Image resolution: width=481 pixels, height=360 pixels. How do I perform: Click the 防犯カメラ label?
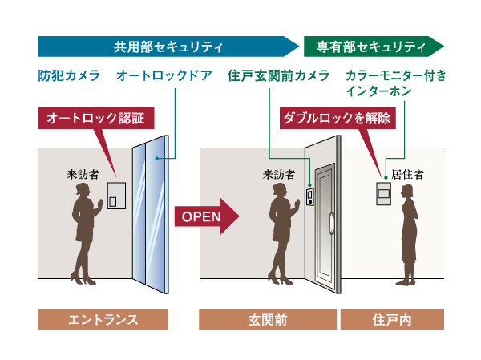pyautogui.click(x=69, y=75)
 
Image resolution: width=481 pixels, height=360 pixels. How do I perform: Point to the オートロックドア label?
pyautogui.click(x=164, y=75)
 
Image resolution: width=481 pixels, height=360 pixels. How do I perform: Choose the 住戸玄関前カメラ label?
pyautogui.click(x=278, y=75)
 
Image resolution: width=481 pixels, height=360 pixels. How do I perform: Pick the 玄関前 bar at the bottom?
pyautogui.click(x=269, y=319)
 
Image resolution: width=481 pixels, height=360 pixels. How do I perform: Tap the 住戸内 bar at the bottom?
pyautogui.click(x=392, y=319)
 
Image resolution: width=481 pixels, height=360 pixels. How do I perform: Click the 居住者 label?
pyautogui.click(x=406, y=172)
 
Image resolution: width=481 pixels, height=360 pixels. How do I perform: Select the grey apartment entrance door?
pyautogui.click(x=327, y=220)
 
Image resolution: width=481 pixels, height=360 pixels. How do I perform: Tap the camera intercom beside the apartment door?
pyautogui.click(x=309, y=196)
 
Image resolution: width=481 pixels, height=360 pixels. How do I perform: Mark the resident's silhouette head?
pyautogui.click(x=406, y=192)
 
